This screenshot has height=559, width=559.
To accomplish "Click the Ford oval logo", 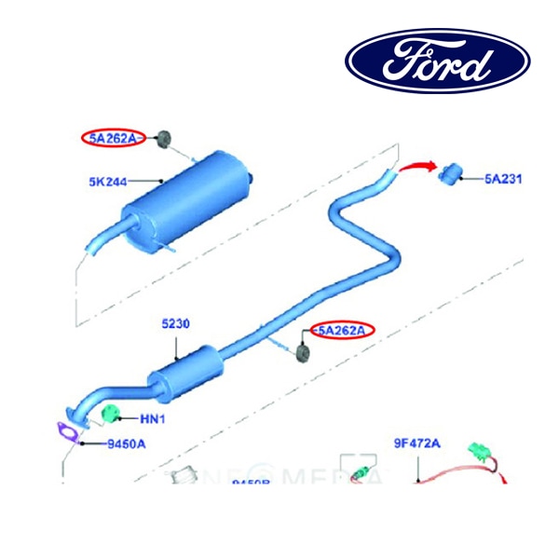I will [x=437, y=63].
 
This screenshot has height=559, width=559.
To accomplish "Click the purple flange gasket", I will [x=65, y=433].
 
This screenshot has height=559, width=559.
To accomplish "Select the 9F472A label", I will [x=416, y=443].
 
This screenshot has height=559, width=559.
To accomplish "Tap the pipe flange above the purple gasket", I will [x=77, y=414].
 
